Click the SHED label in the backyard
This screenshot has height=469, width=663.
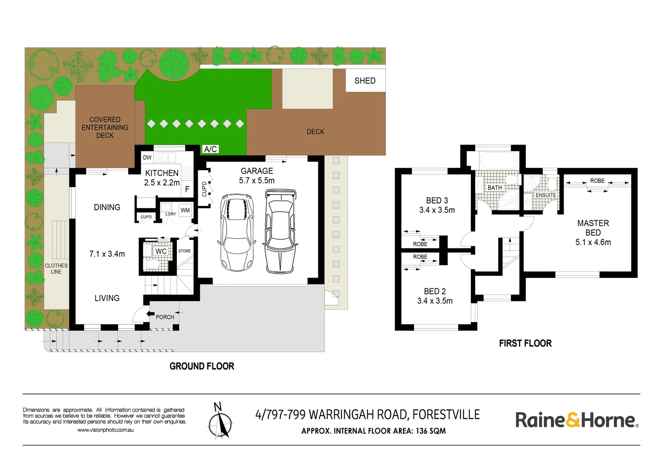(365, 81)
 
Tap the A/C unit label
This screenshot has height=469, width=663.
(210, 149)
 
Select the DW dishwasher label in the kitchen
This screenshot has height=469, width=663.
(147, 158)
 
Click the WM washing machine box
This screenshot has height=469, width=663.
(185, 210)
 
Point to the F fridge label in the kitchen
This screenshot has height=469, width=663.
(187, 189)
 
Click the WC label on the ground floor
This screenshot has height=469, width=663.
(161, 251)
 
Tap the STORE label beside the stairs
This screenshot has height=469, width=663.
(184, 251)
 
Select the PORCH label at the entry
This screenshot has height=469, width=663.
(165, 317)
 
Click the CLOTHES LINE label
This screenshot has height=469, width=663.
(56, 269)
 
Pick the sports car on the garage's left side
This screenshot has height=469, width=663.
(237, 232)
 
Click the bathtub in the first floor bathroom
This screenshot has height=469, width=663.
(500, 160)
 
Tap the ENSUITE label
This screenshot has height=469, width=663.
(546, 195)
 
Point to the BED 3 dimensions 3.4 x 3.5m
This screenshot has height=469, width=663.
(437, 210)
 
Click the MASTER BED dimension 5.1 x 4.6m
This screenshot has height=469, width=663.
(593, 242)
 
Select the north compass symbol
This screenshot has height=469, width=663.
(219, 420)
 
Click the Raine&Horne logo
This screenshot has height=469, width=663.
(577, 420)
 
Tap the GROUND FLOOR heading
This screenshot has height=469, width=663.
(202, 367)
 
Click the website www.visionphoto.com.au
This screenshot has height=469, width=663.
(105, 430)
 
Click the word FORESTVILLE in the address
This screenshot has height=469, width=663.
(446, 415)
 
